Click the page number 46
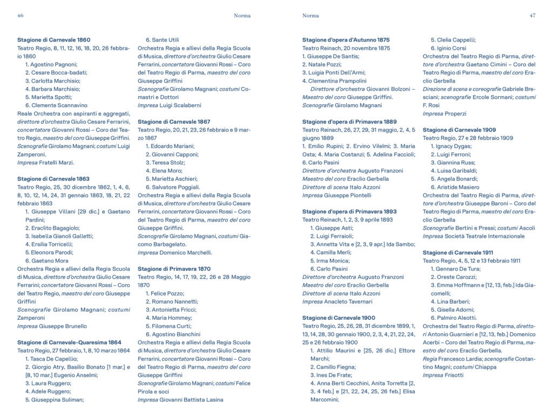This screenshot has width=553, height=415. [x=21, y=16]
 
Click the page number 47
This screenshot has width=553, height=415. [x=532, y=16]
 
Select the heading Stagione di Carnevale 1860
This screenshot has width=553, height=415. [x=53, y=40]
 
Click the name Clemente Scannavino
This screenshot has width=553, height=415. [x=56, y=105]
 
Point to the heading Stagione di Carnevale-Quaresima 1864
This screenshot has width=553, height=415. [x=69, y=343]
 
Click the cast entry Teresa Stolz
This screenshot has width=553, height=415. [x=164, y=163]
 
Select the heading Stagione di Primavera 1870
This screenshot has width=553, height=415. [x=174, y=269]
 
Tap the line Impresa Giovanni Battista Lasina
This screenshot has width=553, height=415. [x=180, y=400]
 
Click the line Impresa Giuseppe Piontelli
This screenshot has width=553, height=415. [x=336, y=196]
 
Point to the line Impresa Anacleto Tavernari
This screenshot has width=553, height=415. [x=337, y=302]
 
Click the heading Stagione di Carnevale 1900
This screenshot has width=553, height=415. [x=339, y=318]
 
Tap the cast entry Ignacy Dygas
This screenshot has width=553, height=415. [x=450, y=146]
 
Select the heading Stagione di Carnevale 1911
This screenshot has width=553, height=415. [x=458, y=253]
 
